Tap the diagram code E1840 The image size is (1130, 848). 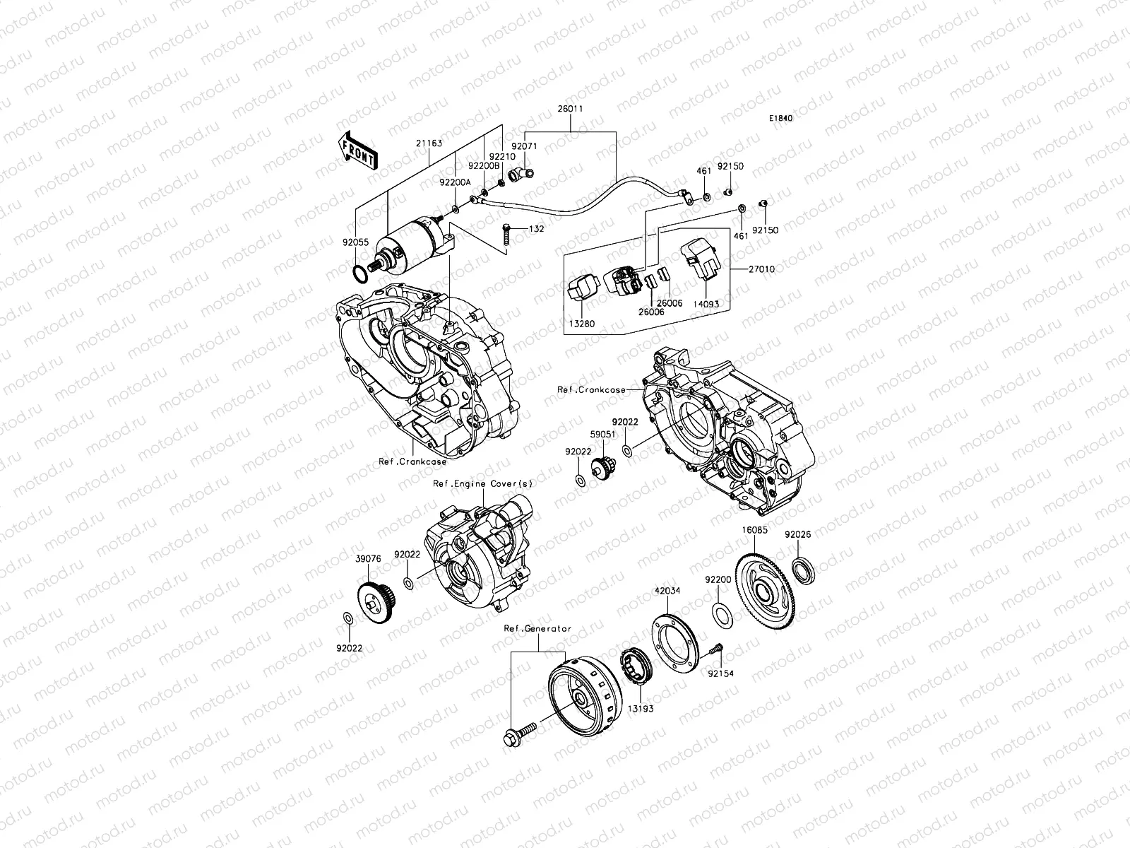(x=781, y=119)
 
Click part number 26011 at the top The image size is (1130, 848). (x=570, y=110)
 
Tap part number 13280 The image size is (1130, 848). (x=583, y=324)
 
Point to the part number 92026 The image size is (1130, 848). (x=798, y=535)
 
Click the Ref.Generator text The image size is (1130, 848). (x=537, y=628)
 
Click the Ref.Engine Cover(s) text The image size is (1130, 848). (x=483, y=483)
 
